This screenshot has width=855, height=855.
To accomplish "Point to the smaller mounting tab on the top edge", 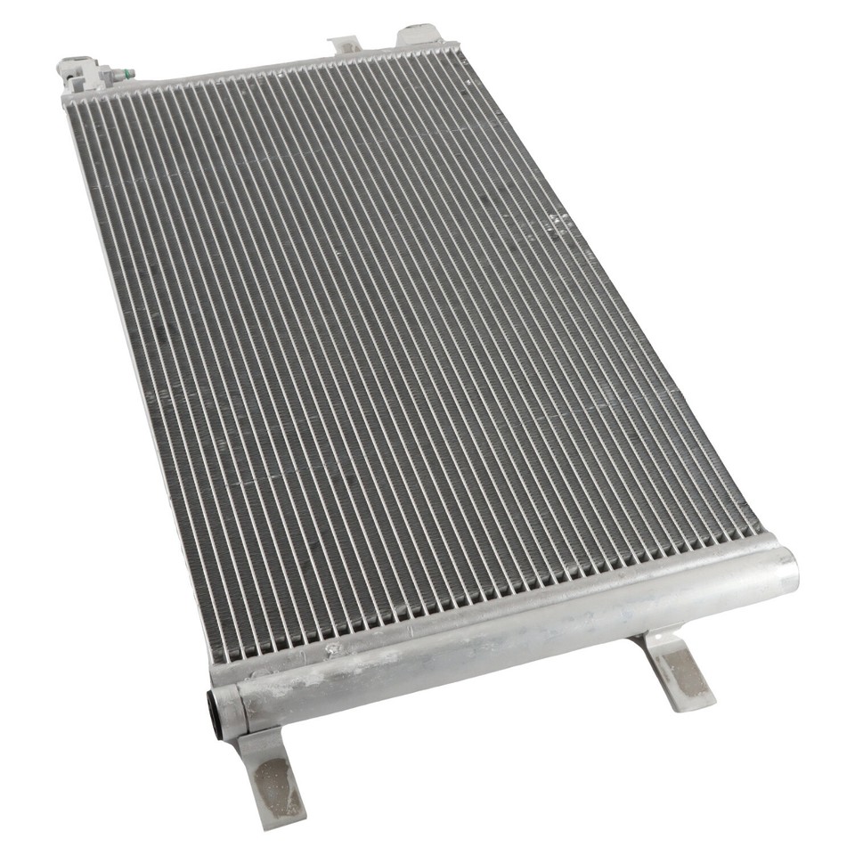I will pos(345,45).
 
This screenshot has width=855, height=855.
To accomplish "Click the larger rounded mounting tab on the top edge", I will pos(419,36).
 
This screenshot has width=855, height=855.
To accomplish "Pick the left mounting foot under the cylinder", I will pos(273,775).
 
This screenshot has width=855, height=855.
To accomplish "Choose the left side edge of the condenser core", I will pos(134,356).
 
